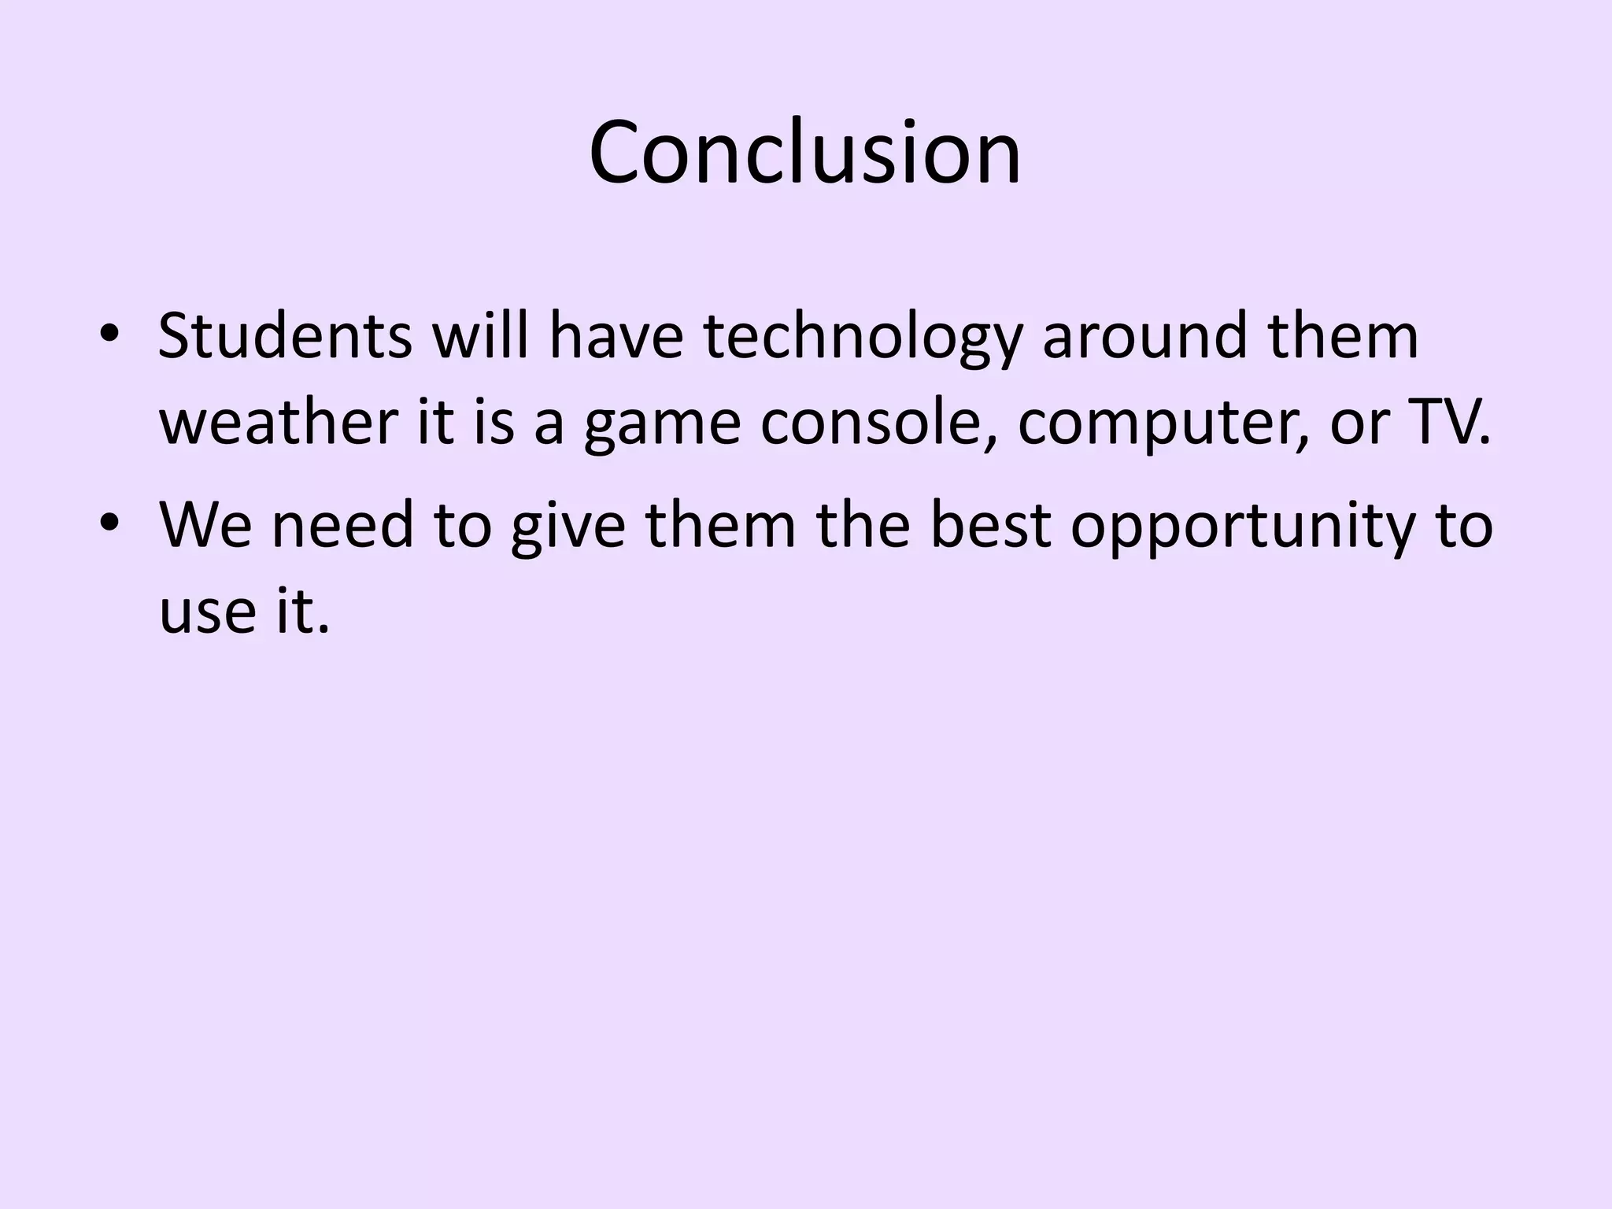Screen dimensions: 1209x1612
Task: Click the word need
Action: [x=342, y=525]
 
